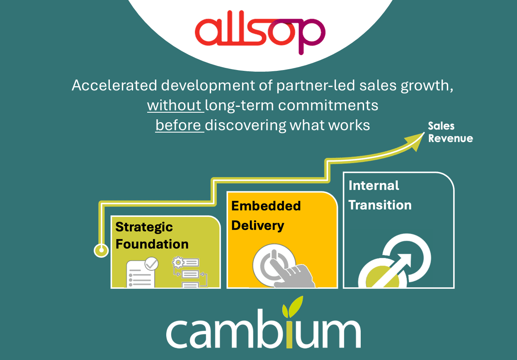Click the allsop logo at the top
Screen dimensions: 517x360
pyautogui.click(x=260, y=32)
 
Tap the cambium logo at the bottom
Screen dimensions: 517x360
pyautogui.click(x=263, y=323)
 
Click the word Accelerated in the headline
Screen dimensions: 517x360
pyautogui.click(x=114, y=85)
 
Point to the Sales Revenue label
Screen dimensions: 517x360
pyautogui.click(x=450, y=132)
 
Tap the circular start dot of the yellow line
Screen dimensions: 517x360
pyautogui.click(x=101, y=250)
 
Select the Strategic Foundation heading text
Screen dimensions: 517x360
pyautogui.click(x=152, y=235)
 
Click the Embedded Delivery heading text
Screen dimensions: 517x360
pyautogui.click(x=266, y=216)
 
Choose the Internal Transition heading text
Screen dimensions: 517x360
pyautogui.click(x=380, y=196)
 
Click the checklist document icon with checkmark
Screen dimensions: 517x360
pyautogui.click(x=142, y=272)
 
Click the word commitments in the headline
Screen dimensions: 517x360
pyautogui.click(x=328, y=105)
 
